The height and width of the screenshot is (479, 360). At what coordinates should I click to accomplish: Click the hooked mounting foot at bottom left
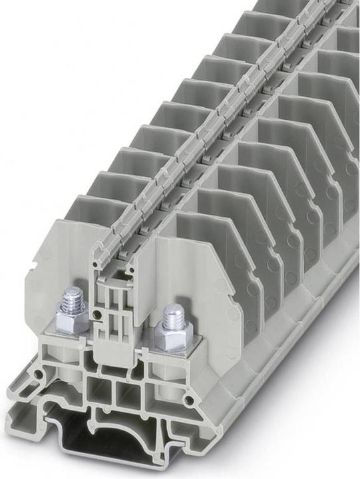20,412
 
